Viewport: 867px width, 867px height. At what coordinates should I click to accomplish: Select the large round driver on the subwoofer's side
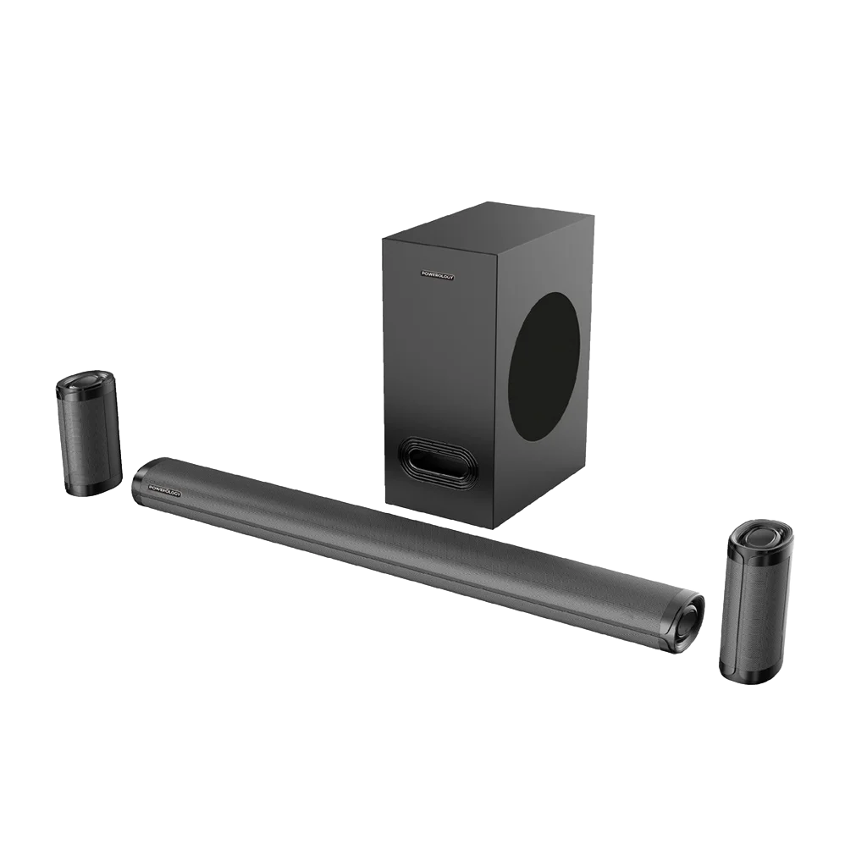pyautogui.click(x=548, y=367)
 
